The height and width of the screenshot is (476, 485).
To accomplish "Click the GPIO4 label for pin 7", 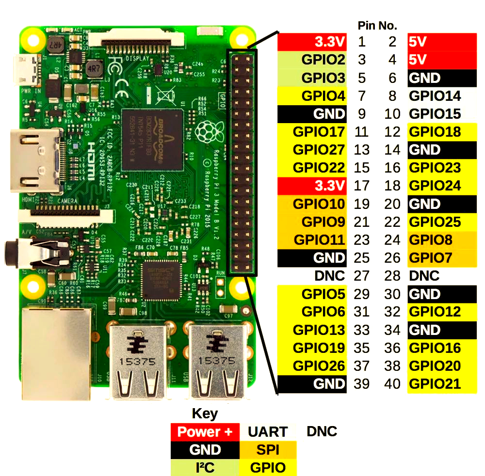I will pos(323,96).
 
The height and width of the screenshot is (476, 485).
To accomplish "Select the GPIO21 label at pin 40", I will pos(435,384).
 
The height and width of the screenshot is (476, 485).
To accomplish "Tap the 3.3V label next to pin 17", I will pos(330,186).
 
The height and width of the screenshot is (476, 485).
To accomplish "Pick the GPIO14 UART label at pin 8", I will pos(435,96).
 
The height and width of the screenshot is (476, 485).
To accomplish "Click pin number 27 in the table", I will pos(362,276).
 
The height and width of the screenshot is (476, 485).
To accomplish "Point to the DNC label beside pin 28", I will pos(424,276).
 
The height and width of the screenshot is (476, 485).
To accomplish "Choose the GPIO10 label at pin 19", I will pos(319,204).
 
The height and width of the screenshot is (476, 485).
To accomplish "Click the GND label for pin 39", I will pos(329,384).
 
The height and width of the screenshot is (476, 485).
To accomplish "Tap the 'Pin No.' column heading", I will pos(377,26).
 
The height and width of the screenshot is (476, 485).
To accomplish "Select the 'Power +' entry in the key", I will pos(205,432).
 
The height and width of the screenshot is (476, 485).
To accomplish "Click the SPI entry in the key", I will pos(268,450).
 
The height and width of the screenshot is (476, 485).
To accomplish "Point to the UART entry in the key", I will pos(268,432).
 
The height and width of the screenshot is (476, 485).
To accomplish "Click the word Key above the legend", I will pos(205,414).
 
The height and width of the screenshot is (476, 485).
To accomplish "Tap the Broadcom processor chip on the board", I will pos(152,140).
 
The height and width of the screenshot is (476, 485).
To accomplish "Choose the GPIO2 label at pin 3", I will pos(323,60).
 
